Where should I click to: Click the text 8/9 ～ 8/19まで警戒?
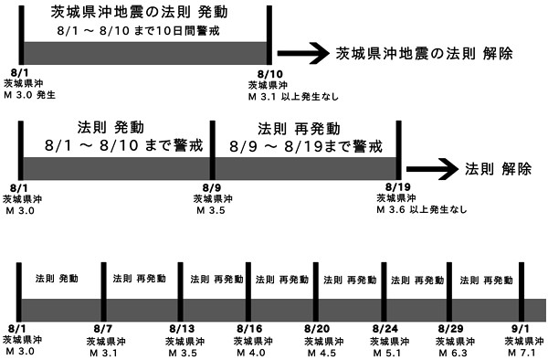[305, 145]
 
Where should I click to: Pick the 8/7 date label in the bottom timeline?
[103, 328]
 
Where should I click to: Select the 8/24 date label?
[384, 328]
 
